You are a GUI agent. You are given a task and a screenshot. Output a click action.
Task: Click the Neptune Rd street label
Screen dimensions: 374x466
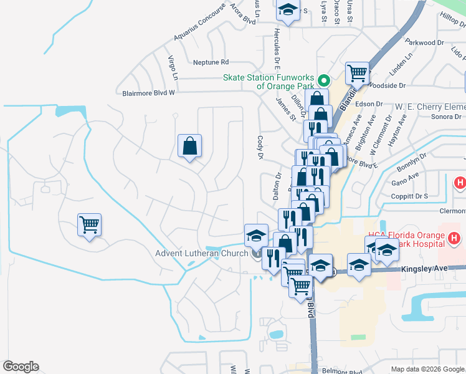pos(211,62)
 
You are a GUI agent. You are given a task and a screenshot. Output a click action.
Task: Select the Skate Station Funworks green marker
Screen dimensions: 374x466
pos(323,81)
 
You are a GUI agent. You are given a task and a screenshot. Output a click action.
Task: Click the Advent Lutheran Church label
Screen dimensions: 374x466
pos(202,253)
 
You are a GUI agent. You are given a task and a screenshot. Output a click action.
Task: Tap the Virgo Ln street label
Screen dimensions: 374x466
pos(173,68)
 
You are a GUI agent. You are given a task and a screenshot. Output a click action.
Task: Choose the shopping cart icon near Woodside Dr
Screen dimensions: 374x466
pos(358,73)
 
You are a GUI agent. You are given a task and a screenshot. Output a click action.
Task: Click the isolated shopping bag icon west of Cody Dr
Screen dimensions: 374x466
pos(190,146)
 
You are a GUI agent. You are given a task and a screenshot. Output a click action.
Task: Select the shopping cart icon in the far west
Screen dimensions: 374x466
pos(90,224)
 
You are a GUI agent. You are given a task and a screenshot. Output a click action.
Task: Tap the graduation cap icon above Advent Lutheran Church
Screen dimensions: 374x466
pos(256,235)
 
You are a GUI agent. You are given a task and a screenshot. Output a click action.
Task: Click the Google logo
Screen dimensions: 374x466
pos(21,367)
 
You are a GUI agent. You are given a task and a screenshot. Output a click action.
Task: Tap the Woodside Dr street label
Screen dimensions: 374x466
pos(388,85)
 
